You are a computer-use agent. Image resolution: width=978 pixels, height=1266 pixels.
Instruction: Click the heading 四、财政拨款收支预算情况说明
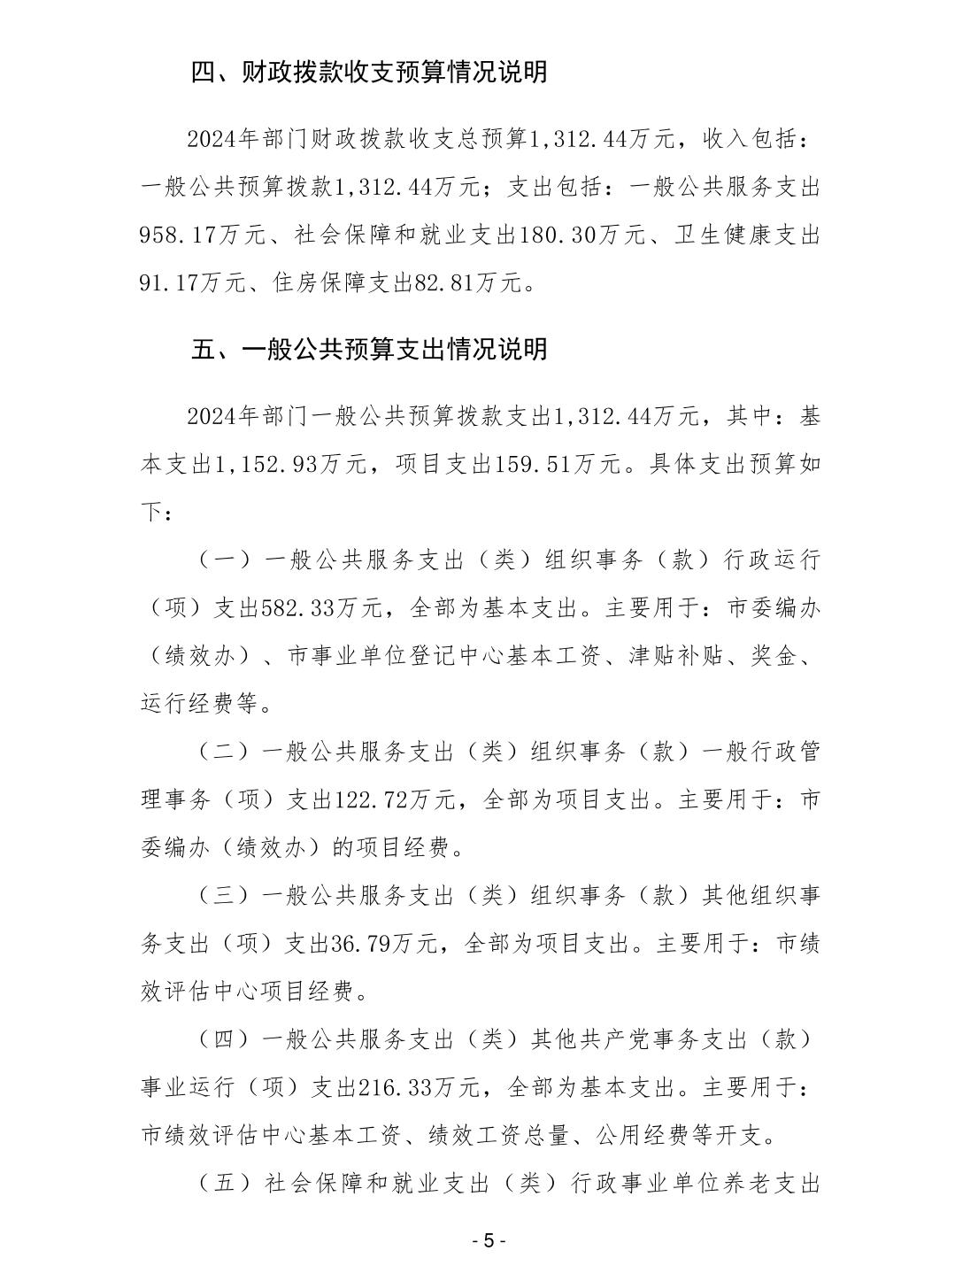point(369,73)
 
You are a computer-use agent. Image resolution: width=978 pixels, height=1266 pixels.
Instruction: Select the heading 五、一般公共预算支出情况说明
point(369,349)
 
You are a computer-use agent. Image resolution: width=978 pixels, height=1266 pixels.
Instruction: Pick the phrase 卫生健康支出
point(748,236)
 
